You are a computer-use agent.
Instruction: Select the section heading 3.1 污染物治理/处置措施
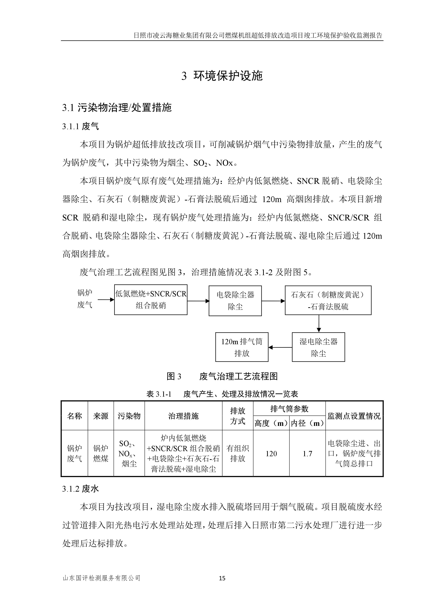click(x=117, y=108)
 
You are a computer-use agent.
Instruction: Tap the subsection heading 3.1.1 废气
click(x=80, y=126)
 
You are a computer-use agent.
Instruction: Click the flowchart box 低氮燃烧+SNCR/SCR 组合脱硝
click(x=151, y=300)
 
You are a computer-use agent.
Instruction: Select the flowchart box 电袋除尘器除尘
click(x=235, y=301)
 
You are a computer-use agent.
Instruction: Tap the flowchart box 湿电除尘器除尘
click(x=318, y=347)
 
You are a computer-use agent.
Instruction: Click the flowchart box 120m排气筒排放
click(x=242, y=347)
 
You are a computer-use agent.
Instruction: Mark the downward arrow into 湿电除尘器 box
click(x=319, y=324)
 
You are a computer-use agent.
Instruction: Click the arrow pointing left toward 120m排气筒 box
click(x=280, y=347)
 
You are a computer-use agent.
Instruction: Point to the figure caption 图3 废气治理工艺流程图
click(x=222, y=376)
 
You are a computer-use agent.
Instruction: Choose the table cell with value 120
click(x=271, y=453)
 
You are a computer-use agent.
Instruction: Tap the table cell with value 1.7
click(x=307, y=453)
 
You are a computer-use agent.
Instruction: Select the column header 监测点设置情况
click(x=354, y=416)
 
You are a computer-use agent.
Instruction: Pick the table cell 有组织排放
click(x=237, y=453)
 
